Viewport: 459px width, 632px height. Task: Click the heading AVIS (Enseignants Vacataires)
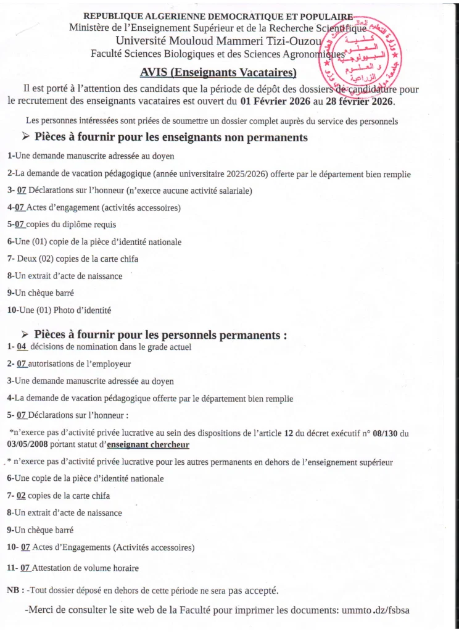pyautogui.click(x=218, y=72)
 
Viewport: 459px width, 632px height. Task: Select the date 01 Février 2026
pyautogui.click(x=276, y=101)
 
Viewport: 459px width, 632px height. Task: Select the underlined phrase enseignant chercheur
pyautogui.click(x=148, y=444)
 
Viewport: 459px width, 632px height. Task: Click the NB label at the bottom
pyautogui.click(x=15, y=591)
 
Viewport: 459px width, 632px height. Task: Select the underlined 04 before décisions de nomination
pyautogui.click(x=22, y=347)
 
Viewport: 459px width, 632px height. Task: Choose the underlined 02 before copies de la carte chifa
pyautogui.click(x=22, y=496)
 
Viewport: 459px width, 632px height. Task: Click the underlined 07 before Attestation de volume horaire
pyautogui.click(x=25, y=567)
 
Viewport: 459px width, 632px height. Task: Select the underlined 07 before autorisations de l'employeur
pyautogui.click(x=22, y=364)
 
